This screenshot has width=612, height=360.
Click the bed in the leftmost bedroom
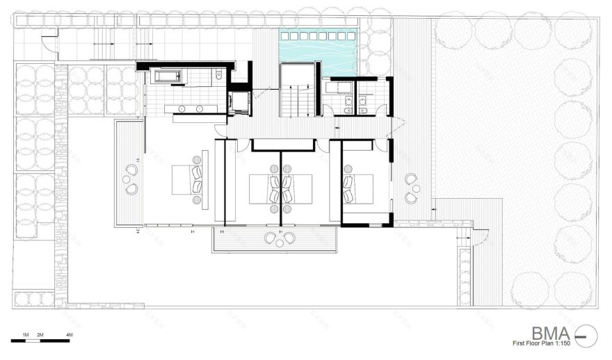tap(184, 179)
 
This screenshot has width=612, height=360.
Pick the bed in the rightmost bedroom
tap(358, 184)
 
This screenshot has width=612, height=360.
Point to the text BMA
tap(553, 333)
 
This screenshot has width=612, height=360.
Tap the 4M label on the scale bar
tap(69, 336)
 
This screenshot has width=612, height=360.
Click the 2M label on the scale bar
tap(40, 336)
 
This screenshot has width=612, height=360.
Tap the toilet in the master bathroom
tap(218, 74)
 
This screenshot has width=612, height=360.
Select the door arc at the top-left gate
tap(49, 42)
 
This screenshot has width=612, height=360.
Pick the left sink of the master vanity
tap(184, 108)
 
